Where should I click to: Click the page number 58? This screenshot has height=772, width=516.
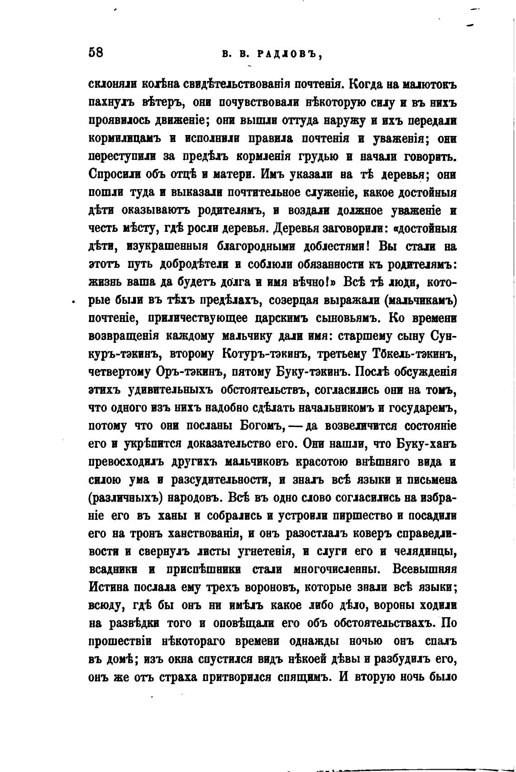tap(96, 52)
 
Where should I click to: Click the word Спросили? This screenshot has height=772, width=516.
tap(114, 175)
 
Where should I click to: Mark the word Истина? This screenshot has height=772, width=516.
tap(112, 587)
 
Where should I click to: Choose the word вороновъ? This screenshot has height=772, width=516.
tap(264, 587)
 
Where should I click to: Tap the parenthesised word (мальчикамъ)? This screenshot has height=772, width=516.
tap(420, 300)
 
